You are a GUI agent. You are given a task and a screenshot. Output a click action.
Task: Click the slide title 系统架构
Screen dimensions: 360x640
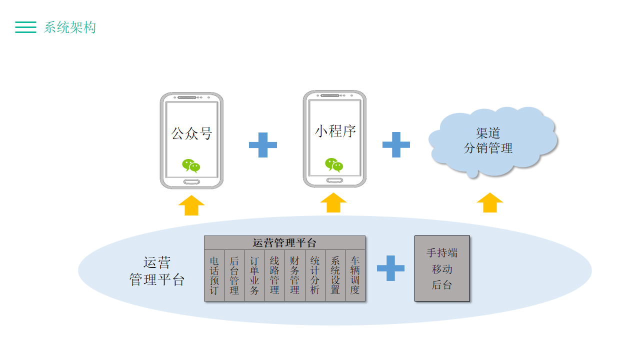70,27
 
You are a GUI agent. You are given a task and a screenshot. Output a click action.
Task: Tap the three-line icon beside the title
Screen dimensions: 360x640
25,27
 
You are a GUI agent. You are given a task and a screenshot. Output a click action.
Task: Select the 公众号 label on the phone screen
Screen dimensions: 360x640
192,133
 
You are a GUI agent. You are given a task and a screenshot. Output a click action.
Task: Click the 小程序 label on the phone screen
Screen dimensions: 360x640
335,131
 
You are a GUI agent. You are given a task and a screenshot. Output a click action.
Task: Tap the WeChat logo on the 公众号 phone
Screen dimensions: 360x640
191,165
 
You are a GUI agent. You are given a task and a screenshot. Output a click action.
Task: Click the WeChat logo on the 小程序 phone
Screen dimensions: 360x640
334,164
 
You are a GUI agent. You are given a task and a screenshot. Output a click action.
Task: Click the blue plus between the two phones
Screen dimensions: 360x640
263,145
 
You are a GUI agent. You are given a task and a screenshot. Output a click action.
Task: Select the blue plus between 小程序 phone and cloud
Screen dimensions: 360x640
396,144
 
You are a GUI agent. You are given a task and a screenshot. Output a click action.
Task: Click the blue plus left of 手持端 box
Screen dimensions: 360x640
390,268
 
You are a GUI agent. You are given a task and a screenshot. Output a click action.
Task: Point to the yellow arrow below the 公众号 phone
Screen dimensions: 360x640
191,205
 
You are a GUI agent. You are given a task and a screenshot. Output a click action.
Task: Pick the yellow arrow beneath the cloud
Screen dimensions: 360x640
490,202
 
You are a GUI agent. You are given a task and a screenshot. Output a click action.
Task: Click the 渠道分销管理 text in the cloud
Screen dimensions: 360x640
488,140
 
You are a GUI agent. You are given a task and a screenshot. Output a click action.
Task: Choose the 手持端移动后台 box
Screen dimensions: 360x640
442,268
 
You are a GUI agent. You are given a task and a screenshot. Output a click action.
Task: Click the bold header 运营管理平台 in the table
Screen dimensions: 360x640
284,243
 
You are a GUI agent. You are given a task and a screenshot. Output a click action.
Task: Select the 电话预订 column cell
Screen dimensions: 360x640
214,275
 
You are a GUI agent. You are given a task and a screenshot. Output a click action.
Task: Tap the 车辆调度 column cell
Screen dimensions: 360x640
355,275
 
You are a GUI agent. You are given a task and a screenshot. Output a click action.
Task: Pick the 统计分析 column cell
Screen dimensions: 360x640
315,275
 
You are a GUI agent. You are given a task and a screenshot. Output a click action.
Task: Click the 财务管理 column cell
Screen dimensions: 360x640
294,275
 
